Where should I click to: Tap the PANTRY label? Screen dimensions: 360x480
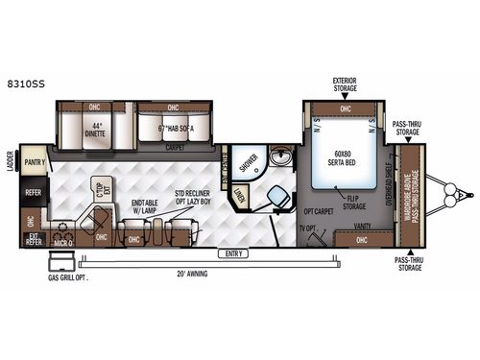point(36,164)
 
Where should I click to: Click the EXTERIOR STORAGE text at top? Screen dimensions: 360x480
point(344,84)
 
